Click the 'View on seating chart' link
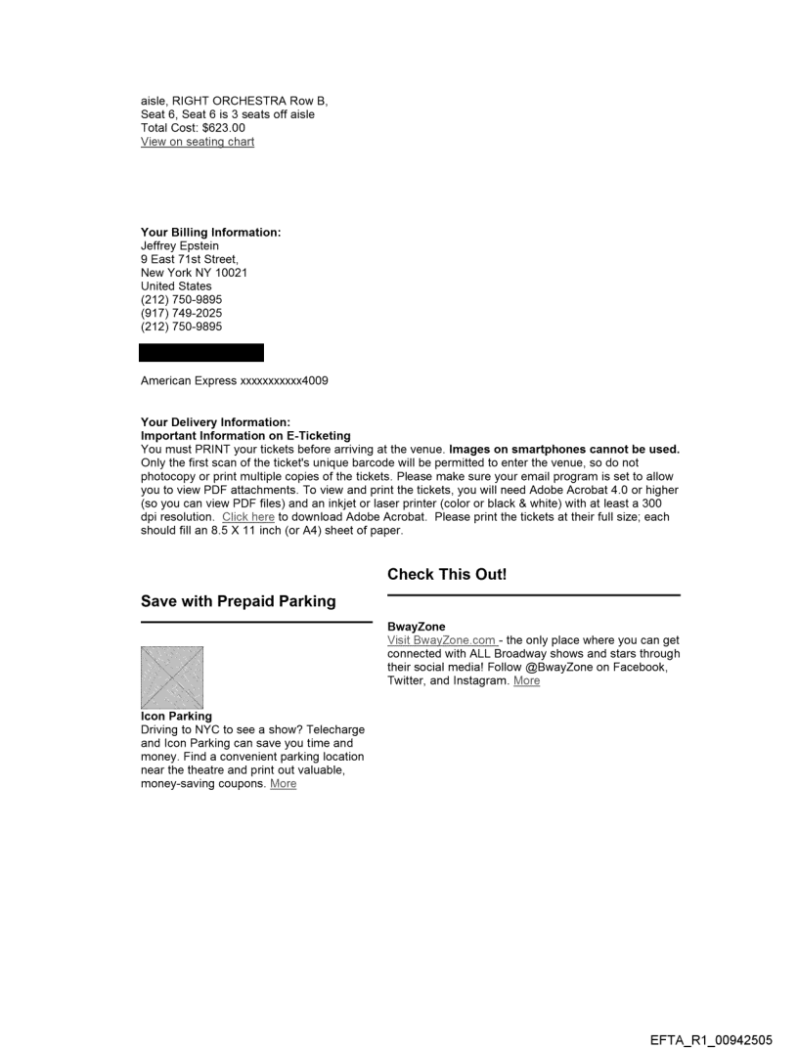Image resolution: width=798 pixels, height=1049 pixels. pos(198,142)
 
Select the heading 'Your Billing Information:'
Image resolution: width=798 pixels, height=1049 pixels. pos(211,232)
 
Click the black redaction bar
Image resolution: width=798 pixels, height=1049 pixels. pos(201,353)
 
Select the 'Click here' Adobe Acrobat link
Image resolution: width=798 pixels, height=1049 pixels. pos(247,516)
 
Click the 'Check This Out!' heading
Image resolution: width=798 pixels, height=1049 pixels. pos(447,575)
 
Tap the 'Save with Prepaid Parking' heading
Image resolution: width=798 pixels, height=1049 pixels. pos(238,601)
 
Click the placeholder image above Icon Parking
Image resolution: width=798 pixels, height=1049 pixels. pos(172,677)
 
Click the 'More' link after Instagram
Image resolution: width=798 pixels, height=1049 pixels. pos(526,680)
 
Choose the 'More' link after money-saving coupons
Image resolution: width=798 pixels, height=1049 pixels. pos(284,783)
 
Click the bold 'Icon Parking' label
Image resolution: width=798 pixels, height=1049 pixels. pos(176,716)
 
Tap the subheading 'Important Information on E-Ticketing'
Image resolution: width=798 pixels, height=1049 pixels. pos(245,435)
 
